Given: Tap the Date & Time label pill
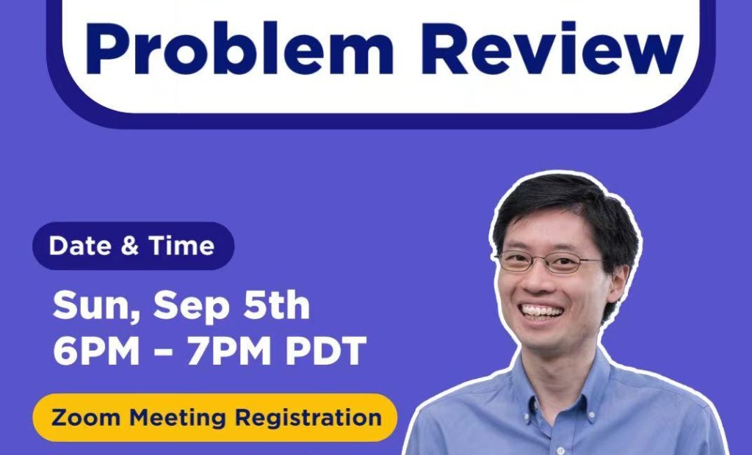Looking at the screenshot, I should (x=132, y=246).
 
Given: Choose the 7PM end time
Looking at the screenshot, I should (x=231, y=352).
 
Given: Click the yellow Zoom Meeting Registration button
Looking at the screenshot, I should (x=215, y=418).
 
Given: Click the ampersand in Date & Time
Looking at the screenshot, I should (x=130, y=246).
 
